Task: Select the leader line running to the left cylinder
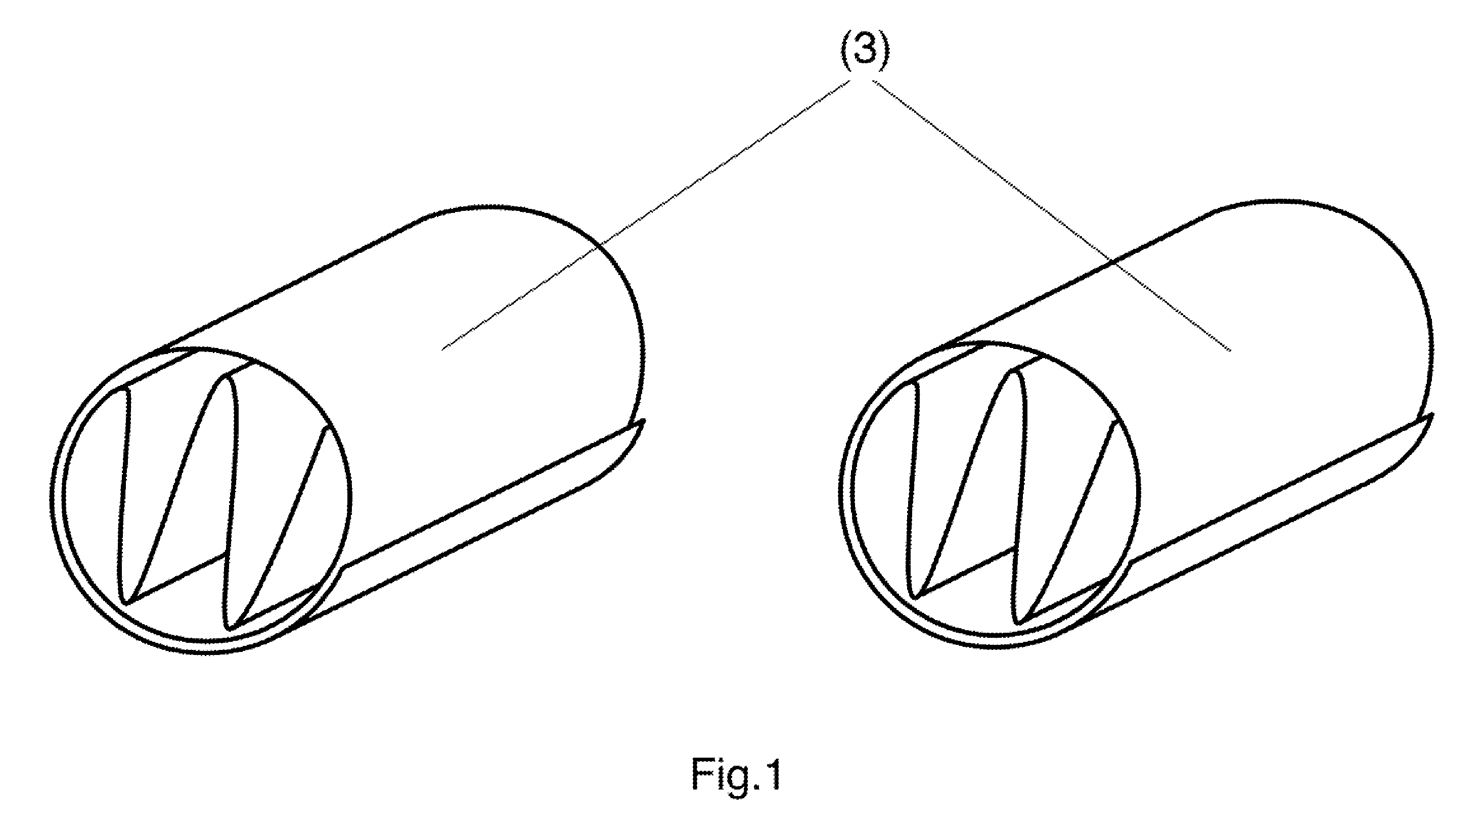click(647, 214)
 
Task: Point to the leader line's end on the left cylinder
click(441, 349)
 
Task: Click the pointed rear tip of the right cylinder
click(1432, 415)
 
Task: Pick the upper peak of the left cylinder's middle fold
click(225, 375)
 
